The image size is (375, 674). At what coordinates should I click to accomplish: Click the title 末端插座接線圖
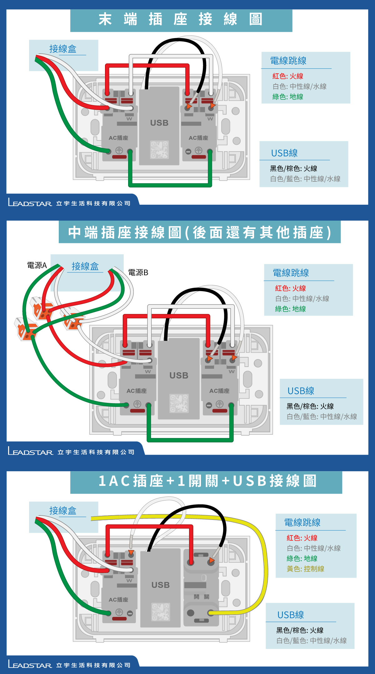pos(181,19)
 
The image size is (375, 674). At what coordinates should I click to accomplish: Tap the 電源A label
pos(37,266)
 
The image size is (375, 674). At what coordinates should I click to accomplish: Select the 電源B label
pos(138,273)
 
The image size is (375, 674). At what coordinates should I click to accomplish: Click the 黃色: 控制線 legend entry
pos(305,569)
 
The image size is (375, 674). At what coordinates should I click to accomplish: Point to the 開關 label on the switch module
pos(202,597)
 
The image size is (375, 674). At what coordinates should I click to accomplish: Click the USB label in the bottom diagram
pos(161,585)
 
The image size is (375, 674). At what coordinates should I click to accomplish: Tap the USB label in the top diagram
pos(159,123)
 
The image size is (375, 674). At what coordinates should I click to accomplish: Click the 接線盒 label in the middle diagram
pos(85,266)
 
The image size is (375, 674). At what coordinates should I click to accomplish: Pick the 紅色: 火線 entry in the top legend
pos(288,76)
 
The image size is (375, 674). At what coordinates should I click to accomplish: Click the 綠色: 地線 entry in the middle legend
pos(290,309)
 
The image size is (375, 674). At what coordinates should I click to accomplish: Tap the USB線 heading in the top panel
pos(284,153)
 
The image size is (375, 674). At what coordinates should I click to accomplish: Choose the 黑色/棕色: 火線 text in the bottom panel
pos(300,630)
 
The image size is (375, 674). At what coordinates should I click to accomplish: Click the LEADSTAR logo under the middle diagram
pos(31,452)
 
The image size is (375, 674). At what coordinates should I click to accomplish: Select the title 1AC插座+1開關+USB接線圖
pos(207,481)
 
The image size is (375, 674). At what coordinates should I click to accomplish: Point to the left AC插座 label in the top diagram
pos(118,138)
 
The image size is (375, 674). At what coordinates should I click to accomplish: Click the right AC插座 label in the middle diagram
pos(219,391)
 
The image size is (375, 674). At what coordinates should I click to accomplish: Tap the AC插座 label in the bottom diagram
pos(118,600)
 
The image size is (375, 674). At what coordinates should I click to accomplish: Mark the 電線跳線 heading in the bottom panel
pos(302,522)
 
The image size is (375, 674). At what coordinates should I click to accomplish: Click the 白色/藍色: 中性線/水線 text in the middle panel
pos(322,417)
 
